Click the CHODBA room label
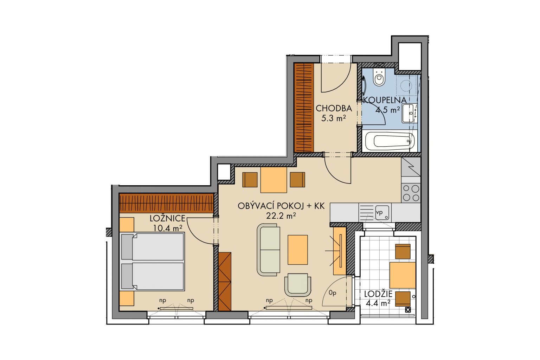[334, 109]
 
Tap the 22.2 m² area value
[281, 216]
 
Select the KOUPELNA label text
[385, 100]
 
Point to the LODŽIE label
[378, 294]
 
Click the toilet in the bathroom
[379, 77]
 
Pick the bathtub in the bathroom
[390, 141]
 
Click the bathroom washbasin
[409, 113]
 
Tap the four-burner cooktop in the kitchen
[411, 193]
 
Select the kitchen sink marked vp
[382, 212]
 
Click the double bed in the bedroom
[152, 261]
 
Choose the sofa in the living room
[269, 250]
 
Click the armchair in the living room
[298, 285]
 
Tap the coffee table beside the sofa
[298, 250]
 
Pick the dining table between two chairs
[274, 180]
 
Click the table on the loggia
[403, 275]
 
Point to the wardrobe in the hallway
[304, 108]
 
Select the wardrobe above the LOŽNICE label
[166, 203]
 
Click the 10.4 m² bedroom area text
[168, 228]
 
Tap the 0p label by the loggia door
[333, 293]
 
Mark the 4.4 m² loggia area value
[378, 303]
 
